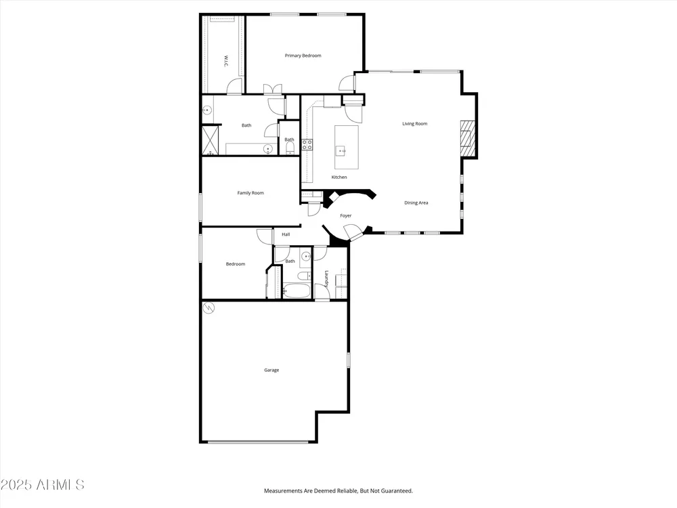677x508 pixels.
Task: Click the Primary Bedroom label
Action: coord(303,56)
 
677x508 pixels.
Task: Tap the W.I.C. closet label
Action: coord(226,61)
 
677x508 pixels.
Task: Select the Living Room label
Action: coord(414,123)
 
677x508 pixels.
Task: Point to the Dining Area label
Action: coord(416,203)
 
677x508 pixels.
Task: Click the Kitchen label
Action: coord(339,177)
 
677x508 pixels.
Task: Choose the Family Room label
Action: coord(250,193)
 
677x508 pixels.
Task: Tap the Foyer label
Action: coord(346,215)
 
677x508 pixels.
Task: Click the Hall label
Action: coord(286,234)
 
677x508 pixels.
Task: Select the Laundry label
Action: coord(327,279)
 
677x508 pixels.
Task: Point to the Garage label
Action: coord(271,371)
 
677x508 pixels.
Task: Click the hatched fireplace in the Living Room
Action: coord(466,139)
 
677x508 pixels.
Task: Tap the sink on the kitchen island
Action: coord(341,151)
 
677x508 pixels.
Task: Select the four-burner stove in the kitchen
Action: coord(307,145)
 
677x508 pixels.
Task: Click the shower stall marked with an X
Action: coord(211,140)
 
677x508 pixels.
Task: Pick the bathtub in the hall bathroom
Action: coord(297,291)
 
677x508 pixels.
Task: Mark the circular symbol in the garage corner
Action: coord(209,308)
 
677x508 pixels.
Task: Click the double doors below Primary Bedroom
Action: coord(273,89)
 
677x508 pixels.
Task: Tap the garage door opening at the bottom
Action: coord(258,442)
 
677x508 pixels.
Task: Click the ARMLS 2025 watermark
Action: coord(42,485)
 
